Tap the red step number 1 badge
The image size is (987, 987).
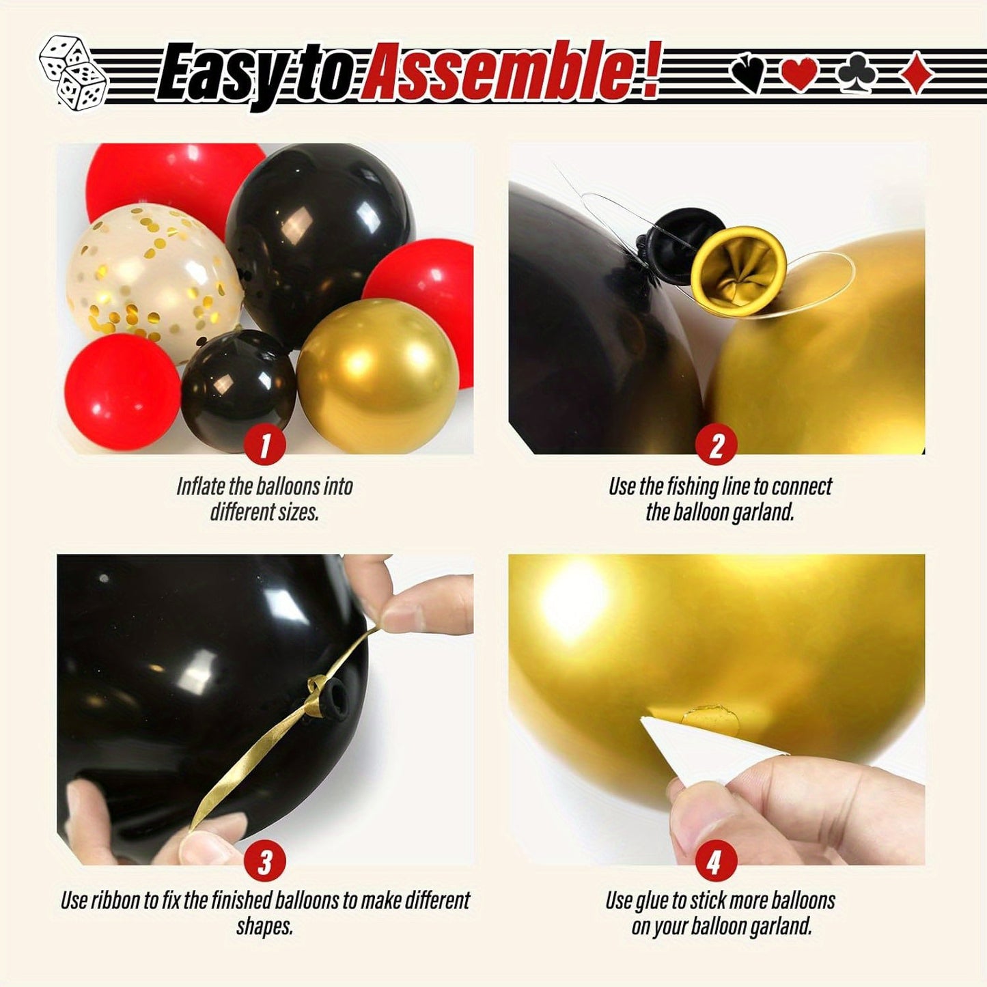pyautogui.click(x=264, y=445)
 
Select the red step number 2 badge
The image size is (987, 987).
pyautogui.click(x=716, y=445)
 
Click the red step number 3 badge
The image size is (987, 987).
pyautogui.click(x=264, y=862)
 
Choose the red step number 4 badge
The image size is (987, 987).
pyautogui.click(x=714, y=862)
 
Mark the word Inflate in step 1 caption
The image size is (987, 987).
pyautogui.click(x=200, y=486)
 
